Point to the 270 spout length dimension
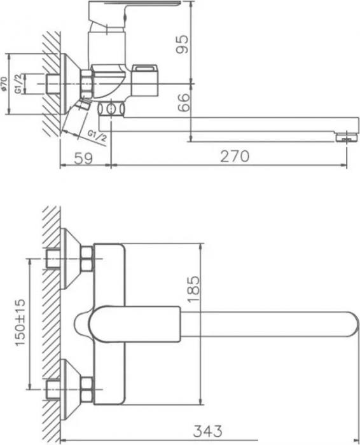coord(234,155)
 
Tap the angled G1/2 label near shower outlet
coord(95,135)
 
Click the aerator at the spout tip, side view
coord(345,135)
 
